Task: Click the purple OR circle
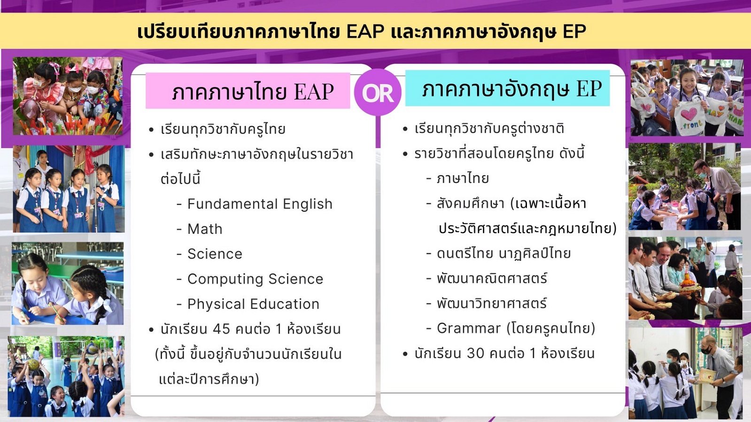378,92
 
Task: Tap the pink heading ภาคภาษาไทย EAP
248,90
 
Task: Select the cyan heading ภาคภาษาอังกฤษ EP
507,88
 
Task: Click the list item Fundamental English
260,204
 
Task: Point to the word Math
205,229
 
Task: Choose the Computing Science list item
255,279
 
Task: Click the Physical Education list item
253,304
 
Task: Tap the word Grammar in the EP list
469,328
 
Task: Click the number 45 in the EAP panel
221,329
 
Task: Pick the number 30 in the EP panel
475,354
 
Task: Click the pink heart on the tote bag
689,114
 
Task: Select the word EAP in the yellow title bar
365,31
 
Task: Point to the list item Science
215,254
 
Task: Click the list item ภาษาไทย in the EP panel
463,178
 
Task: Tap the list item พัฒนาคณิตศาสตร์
492,279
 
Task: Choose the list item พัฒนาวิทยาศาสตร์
491,303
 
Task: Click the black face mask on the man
706,349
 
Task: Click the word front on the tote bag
693,125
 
